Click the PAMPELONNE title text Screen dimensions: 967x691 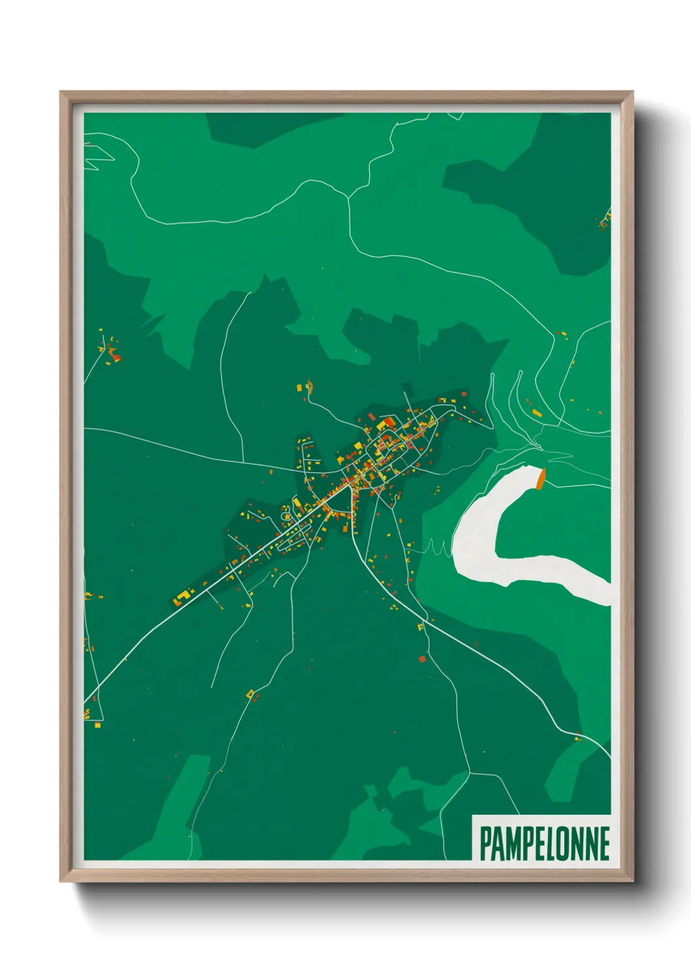click(545, 844)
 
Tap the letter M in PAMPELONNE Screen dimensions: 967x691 click(513, 844)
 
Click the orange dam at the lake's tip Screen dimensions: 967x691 click(540, 478)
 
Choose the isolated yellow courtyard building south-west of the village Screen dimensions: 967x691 click(249, 693)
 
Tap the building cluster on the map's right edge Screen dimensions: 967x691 click(605, 221)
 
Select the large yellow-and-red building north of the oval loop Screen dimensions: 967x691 click(385, 423)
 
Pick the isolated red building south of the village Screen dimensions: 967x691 click(422, 659)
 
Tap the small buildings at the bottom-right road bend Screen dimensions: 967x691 click(577, 738)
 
